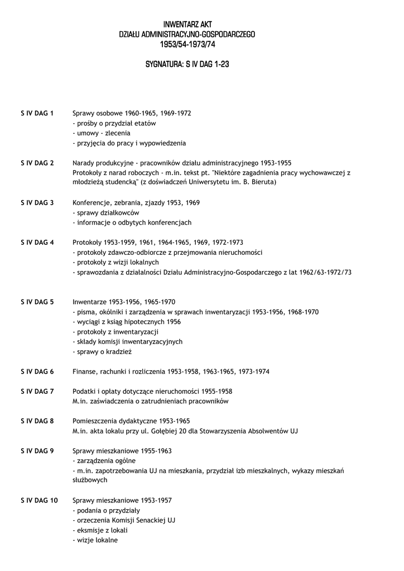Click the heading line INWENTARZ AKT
click(187, 25)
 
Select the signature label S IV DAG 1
click(37, 113)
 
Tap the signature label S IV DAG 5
click(37, 302)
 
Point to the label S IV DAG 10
click(39, 500)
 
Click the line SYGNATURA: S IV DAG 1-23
click(187, 65)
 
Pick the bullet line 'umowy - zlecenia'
click(102, 133)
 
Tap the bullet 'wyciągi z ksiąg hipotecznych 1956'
click(127, 322)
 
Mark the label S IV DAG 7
click(37, 391)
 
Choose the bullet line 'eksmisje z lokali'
click(100, 530)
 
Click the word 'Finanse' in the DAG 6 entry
click(85, 371)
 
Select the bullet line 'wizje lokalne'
click(95, 540)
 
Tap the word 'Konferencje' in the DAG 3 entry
click(91, 202)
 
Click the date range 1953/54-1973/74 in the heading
click(187, 45)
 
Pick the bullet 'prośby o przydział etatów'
click(114, 123)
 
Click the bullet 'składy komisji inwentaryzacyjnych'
click(128, 342)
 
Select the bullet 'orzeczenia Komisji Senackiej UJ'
click(124, 520)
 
